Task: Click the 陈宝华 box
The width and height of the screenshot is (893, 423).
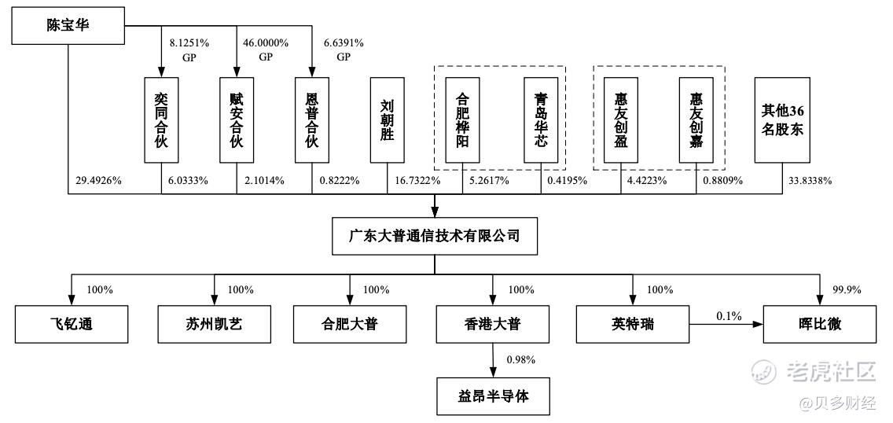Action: pos(67,25)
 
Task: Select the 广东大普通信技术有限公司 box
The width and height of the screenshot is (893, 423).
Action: pos(435,235)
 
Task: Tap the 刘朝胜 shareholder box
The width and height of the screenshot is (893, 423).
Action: pos(386,120)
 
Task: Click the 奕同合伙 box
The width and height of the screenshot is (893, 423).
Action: pos(161,120)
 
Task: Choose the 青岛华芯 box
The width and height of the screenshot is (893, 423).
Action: pos(541,120)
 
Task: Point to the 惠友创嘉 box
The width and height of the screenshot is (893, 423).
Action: pos(696,120)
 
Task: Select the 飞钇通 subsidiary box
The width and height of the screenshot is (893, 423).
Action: pos(71,324)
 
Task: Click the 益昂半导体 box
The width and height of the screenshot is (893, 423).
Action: pos(493,396)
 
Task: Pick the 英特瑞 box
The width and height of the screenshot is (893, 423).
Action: pos(632,324)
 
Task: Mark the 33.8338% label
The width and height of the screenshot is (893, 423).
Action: pos(810,182)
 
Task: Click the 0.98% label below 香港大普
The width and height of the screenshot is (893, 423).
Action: pos(521,360)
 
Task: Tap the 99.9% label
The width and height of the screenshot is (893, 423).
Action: pos(845,290)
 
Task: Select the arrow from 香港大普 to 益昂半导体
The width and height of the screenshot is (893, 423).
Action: pos(493,360)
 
